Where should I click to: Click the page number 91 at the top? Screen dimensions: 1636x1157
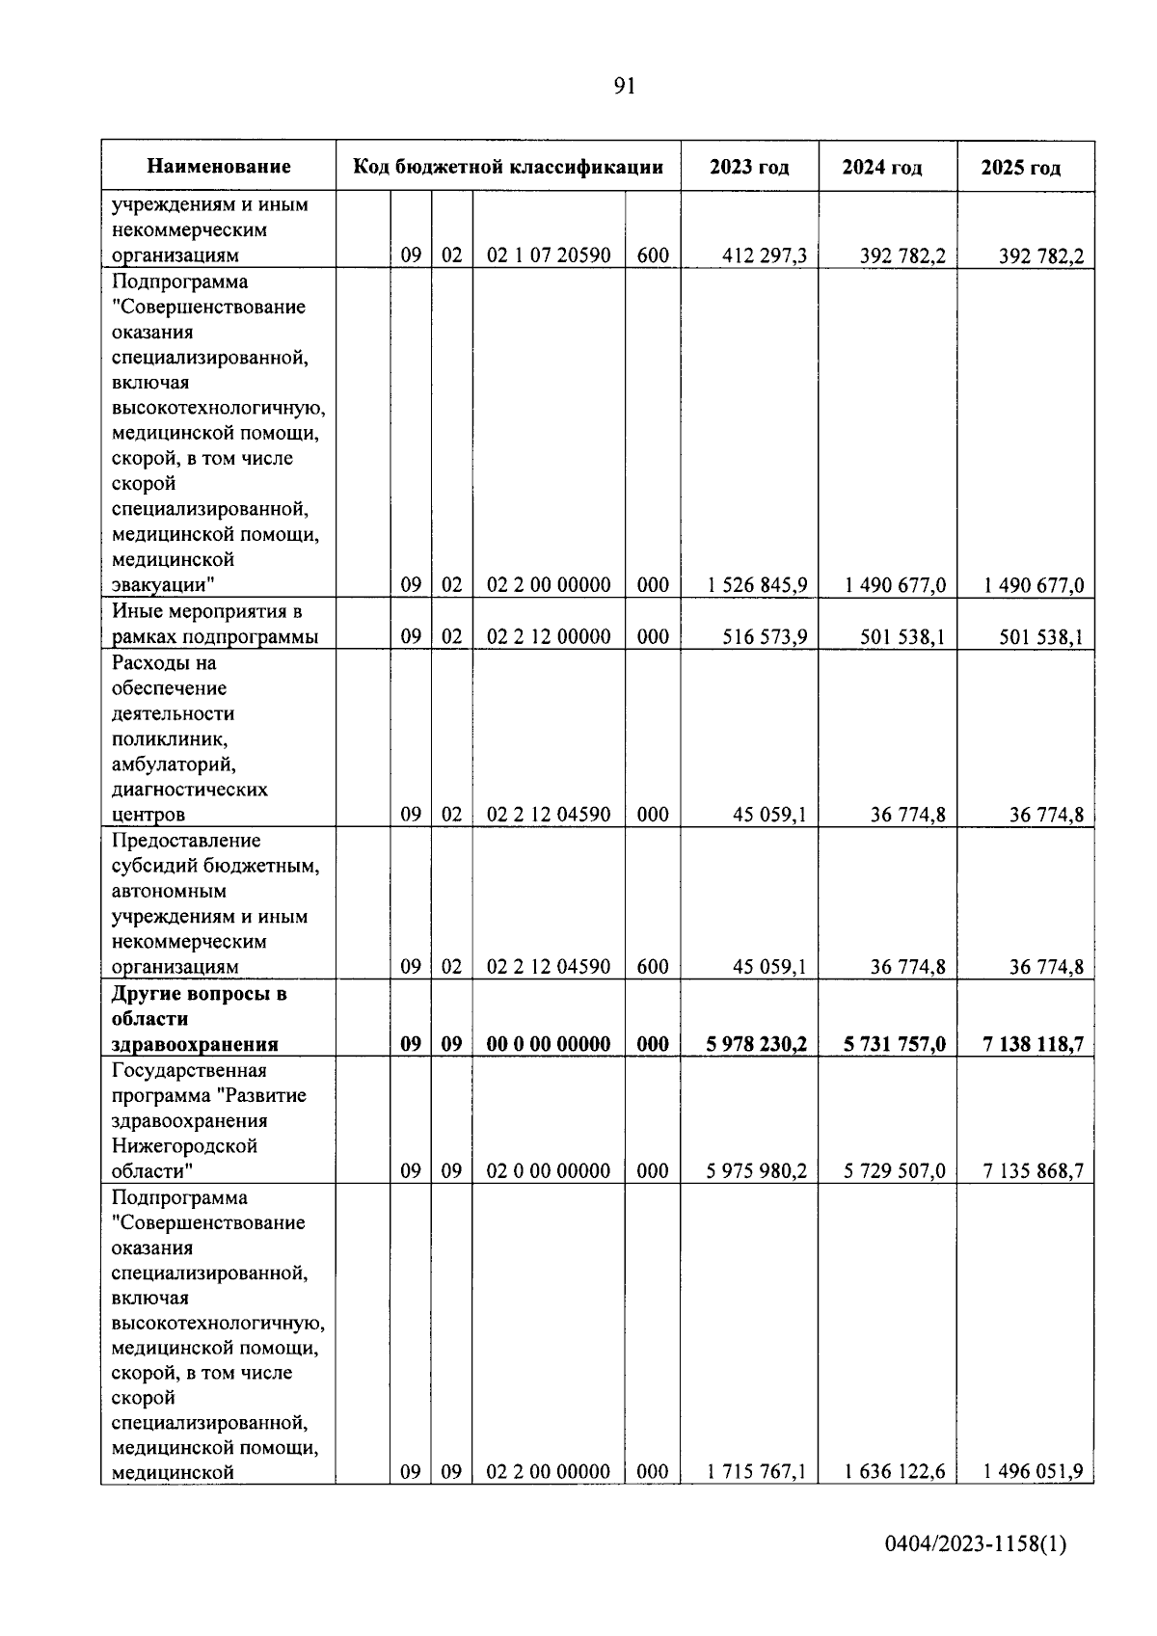click(624, 87)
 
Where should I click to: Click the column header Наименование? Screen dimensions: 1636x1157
click(219, 167)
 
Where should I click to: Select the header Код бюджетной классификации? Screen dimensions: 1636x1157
click(508, 167)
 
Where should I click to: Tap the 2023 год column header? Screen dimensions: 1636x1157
click(749, 167)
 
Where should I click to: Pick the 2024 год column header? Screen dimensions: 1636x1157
click(881, 168)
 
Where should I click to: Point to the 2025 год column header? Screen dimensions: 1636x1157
click(1021, 168)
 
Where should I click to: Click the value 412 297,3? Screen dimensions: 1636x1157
click(764, 256)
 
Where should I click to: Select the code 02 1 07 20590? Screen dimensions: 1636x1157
click(548, 256)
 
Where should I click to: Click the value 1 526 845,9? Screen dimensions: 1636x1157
click(757, 585)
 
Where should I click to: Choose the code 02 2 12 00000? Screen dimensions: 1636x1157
click(548, 637)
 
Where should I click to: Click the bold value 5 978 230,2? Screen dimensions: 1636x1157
click(757, 1044)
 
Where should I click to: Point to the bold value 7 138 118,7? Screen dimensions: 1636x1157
click(1034, 1044)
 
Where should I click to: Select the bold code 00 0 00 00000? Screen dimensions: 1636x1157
click(548, 1044)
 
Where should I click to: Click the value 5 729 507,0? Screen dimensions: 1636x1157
click(895, 1171)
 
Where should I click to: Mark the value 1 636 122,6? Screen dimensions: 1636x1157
click(895, 1472)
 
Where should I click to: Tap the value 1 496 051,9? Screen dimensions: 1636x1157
click(1034, 1472)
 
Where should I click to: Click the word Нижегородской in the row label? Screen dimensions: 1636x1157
click(184, 1146)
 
